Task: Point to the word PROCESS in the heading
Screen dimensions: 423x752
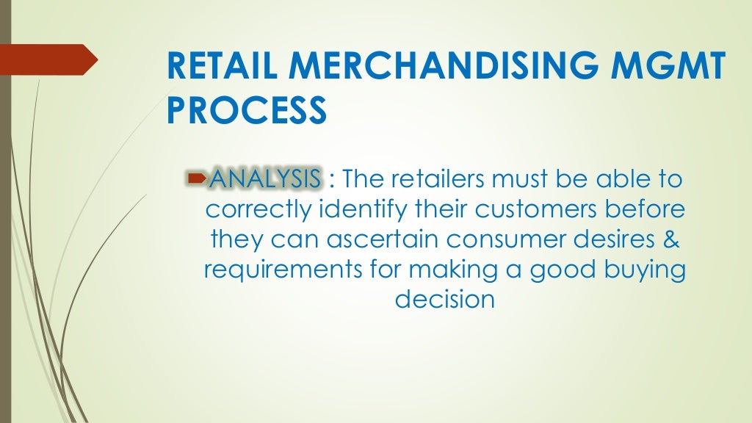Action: click(247, 112)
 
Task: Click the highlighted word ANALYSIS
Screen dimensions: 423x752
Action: click(264, 178)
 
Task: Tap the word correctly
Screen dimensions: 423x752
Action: click(258, 209)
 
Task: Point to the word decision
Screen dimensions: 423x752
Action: click(444, 300)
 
